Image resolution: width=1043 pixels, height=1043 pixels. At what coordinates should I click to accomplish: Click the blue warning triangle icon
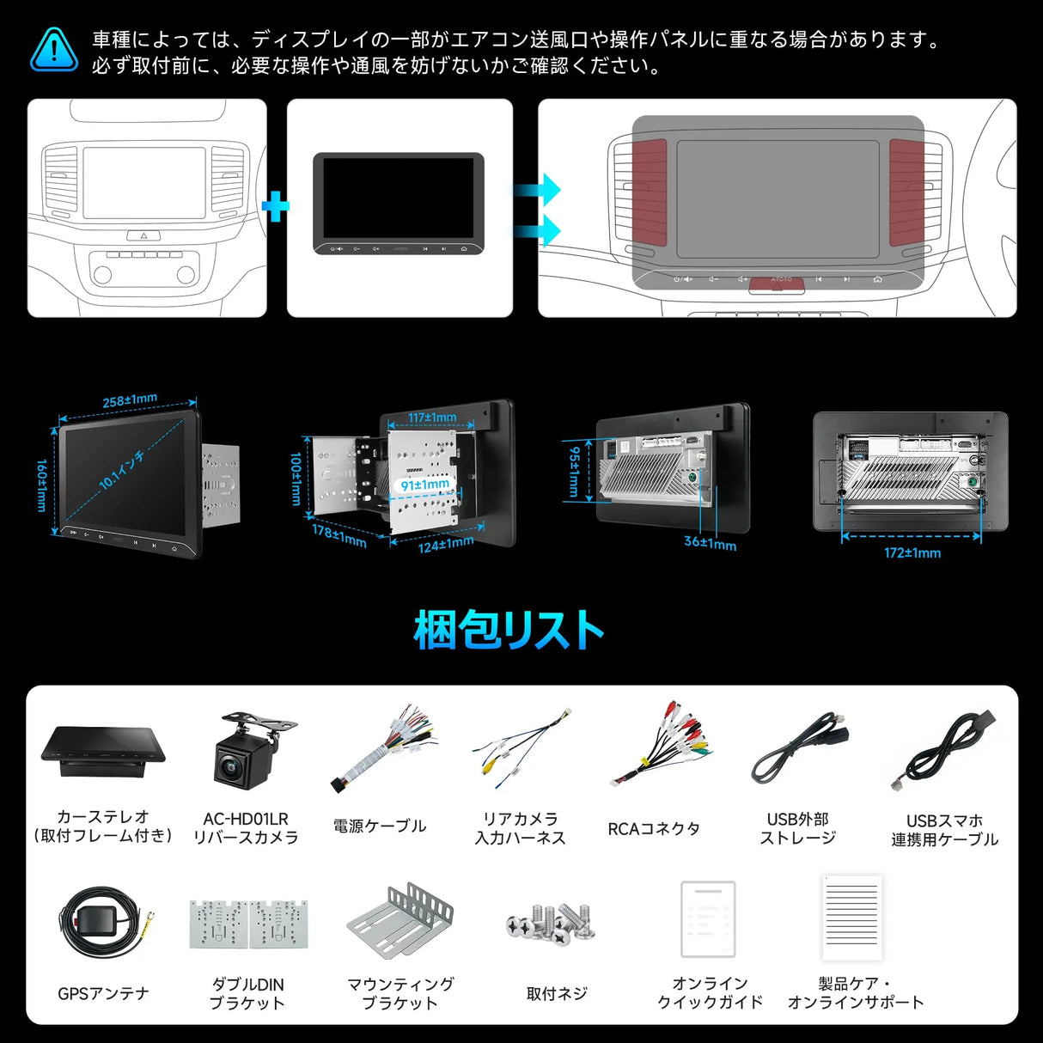point(53,50)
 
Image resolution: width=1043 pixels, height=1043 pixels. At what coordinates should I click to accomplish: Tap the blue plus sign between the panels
point(275,206)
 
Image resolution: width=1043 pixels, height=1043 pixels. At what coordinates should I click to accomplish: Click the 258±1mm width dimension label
point(130,400)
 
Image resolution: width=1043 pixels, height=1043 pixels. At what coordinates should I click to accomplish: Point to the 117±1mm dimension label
point(432,418)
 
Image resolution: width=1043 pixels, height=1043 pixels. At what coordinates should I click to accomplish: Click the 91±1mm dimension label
point(425,485)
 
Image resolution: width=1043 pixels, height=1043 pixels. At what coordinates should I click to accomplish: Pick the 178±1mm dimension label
point(339,535)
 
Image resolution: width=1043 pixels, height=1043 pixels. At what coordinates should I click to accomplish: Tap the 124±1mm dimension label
point(445,544)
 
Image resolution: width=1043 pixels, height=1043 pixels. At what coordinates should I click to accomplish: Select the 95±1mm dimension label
point(574,471)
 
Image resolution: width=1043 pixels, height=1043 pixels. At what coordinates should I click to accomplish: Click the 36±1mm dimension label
point(710,543)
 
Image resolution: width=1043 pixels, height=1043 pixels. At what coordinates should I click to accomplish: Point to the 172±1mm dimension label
point(912,552)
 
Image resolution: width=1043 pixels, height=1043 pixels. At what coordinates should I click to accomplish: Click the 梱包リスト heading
point(509,630)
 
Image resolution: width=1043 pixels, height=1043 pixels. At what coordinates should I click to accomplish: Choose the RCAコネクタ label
point(654,829)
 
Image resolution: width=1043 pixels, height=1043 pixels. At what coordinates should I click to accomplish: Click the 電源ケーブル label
point(379,826)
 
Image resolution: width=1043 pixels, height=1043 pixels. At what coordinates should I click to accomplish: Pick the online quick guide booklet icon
point(708,918)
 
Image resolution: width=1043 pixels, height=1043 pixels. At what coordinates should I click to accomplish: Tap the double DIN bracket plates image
point(248,924)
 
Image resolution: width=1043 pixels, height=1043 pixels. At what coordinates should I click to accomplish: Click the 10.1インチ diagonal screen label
point(122,469)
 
